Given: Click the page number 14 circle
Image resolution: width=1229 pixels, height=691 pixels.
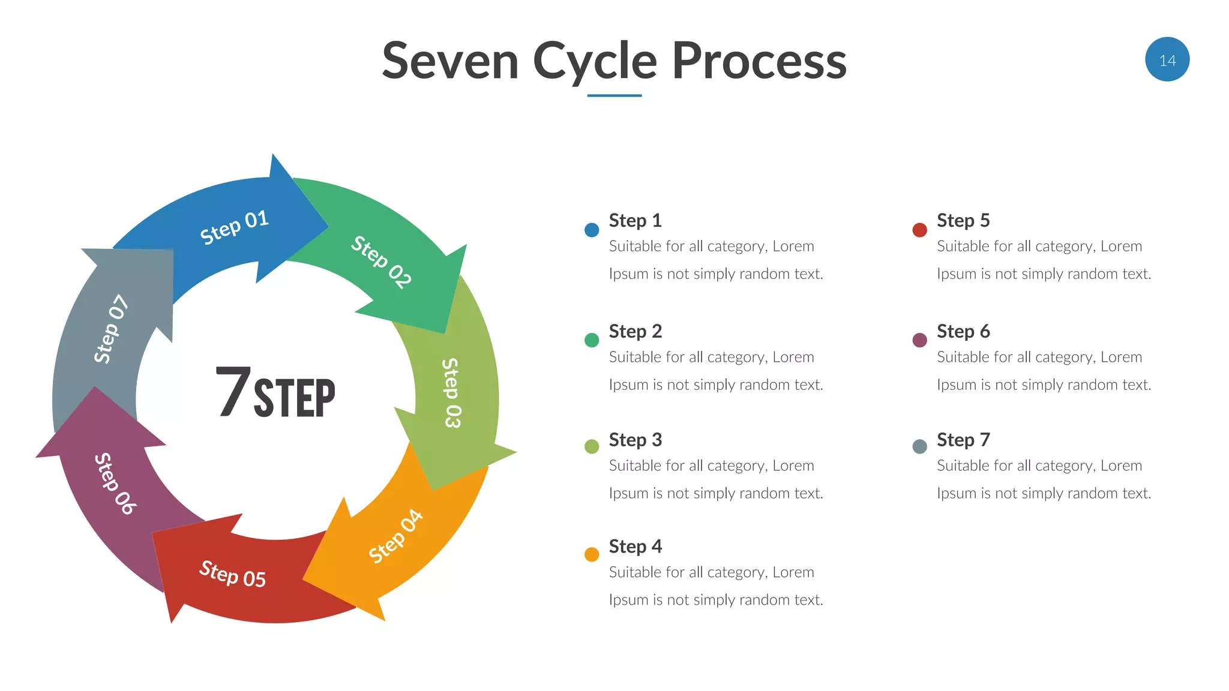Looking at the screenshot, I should click(1167, 59).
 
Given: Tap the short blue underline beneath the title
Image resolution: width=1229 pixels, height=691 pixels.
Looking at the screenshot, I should click(614, 95).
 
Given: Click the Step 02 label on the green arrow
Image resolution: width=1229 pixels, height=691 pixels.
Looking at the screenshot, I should click(382, 262).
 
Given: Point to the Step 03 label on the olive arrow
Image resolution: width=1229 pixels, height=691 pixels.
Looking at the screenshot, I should click(452, 393).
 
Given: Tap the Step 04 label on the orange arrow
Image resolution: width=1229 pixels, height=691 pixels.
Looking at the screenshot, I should click(395, 536).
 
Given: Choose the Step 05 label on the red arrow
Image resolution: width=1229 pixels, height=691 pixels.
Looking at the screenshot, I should click(232, 574).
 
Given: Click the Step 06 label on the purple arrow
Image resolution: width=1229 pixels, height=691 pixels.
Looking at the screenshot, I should click(115, 483).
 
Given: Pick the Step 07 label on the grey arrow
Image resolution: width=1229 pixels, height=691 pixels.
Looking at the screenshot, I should click(111, 329).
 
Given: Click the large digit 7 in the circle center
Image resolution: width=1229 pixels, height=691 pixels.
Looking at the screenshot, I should click(233, 392).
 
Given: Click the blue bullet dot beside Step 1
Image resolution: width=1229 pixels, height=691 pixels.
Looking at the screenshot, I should click(592, 230).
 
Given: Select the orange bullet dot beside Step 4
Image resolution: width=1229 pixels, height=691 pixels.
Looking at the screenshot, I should click(592, 554).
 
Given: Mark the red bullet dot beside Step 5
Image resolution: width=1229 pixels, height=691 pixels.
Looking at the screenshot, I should click(919, 230).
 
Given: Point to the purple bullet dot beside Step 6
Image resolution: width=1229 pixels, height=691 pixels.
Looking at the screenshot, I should click(919, 340).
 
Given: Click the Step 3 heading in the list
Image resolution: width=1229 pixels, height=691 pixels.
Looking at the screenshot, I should click(635, 440).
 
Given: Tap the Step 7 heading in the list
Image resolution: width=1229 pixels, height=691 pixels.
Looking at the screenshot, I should click(963, 440).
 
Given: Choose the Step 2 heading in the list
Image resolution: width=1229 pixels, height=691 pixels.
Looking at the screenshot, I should click(635, 331).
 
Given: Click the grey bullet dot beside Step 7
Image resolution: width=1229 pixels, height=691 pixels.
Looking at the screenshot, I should click(919, 446).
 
